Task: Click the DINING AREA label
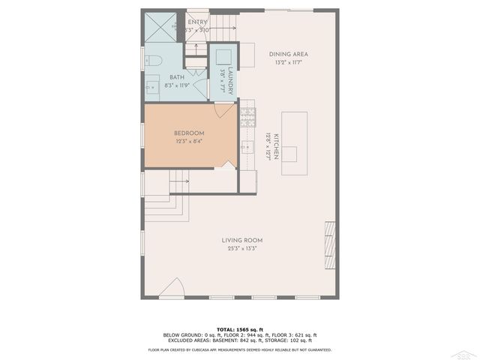tap(289, 54)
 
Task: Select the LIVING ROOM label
tap(241, 240)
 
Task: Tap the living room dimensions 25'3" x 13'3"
tap(241, 248)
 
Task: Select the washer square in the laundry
tap(222, 57)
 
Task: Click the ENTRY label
tap(197, 22)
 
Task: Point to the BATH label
tap(177, 77)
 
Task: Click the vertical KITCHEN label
tap(276, 144)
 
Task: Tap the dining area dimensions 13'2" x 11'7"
tap(289, 62)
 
